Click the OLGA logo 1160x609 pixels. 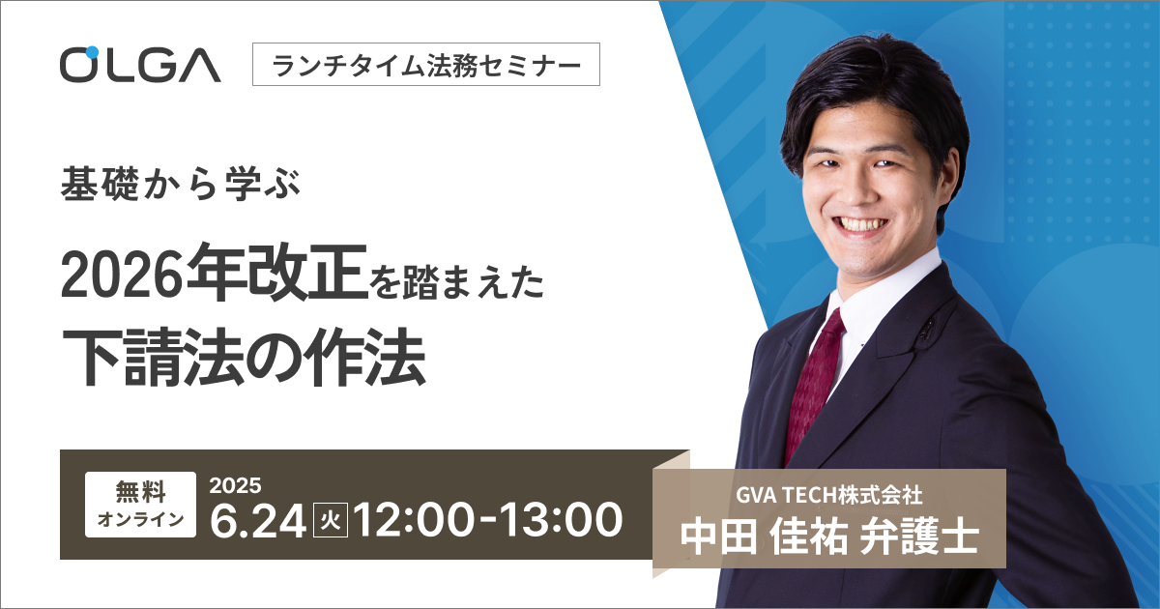[140, 65]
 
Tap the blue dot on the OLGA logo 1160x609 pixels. [92, 52]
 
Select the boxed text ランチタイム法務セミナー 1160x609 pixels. [426, 64]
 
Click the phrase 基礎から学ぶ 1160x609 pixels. [180, 186]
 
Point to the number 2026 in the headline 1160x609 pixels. [124, 277]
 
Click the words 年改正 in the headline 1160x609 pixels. [277, 273]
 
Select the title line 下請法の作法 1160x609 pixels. [244, 357]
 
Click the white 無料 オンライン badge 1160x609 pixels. [141, 504]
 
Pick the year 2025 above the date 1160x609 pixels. [235, 485]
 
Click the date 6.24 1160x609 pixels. [257, 520]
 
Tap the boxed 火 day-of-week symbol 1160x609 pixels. [331, 520]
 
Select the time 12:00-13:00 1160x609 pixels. [488, 520]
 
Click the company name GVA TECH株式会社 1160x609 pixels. [829, 496]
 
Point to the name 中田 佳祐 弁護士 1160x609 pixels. [829, 537]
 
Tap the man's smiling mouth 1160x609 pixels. [863, 224]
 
